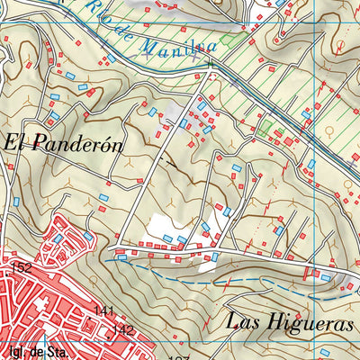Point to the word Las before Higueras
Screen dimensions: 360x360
click(x=243, y=320)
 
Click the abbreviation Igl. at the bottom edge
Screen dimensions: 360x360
click(x=13, y=353)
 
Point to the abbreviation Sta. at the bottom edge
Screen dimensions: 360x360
click(x=56, y=353)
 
